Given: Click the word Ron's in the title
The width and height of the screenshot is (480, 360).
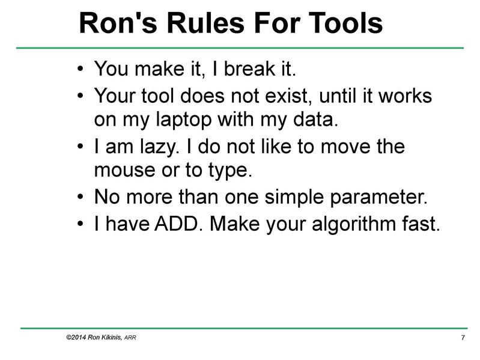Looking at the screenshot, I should [x=112, y=23].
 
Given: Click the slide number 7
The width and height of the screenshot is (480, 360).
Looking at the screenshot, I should [x=463, y=338].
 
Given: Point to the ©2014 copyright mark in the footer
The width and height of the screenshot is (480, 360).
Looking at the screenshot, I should [x=73, y=338].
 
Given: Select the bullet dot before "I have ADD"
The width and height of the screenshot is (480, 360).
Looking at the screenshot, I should [x=81, y=224].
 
